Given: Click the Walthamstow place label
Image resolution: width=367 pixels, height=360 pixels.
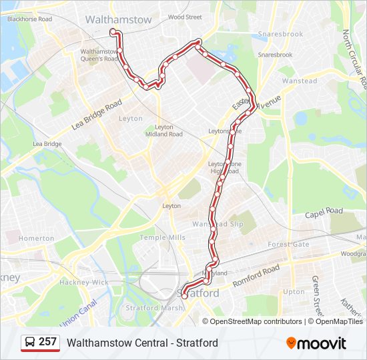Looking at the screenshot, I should pyautogui.click(x=118, y=20).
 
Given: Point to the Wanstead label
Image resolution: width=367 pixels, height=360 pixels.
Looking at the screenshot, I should pyautogui.click(x=300, y=81).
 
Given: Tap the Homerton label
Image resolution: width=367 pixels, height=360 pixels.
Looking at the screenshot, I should pyautogui.click(x=37, y=238).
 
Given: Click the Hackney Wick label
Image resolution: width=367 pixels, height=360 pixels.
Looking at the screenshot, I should pyautogui.click(x=83, y=283).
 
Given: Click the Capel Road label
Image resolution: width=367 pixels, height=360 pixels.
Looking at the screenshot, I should pyautogui.click(x=324, y=212).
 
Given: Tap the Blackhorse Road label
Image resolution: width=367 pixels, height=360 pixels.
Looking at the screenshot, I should pyautogui.click(x=29, y=19).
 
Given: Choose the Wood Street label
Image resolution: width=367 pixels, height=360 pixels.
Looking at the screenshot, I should pyautogui.click(x=185, y=17).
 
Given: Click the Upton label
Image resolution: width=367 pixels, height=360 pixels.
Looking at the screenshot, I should pyautogui.click(x=294, y=292).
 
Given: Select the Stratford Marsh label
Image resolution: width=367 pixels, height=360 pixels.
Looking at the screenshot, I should pyautogui.click(x=150, y=308).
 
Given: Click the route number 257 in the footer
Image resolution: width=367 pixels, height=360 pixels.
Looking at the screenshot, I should pyautogui.click(x=47, y=342).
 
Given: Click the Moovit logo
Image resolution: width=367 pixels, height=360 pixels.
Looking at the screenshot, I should pyautogui.click(x=316, y=343).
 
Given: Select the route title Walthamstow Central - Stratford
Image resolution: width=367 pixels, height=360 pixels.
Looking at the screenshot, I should pyautogui.click(x=142, y=343).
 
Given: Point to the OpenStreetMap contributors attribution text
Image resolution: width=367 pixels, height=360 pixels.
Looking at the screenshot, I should pyautogui.click(x=256, y=321).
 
